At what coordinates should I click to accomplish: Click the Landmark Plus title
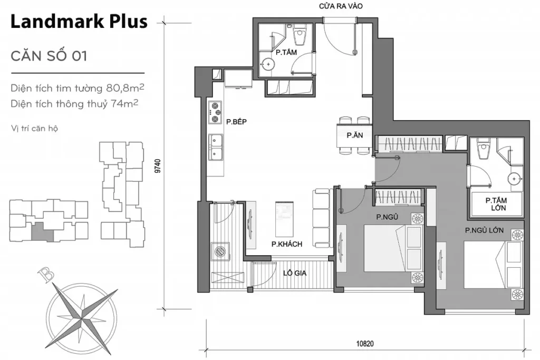79,22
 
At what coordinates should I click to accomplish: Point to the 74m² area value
124,104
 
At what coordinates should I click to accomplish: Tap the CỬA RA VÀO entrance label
340,6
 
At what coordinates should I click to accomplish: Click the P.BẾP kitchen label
237,122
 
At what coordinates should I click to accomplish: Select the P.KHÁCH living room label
287,244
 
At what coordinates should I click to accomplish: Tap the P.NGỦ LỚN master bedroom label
484,230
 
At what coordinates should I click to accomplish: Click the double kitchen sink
215,147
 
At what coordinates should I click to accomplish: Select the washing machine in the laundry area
220,251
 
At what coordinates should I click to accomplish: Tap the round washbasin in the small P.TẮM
269,65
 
